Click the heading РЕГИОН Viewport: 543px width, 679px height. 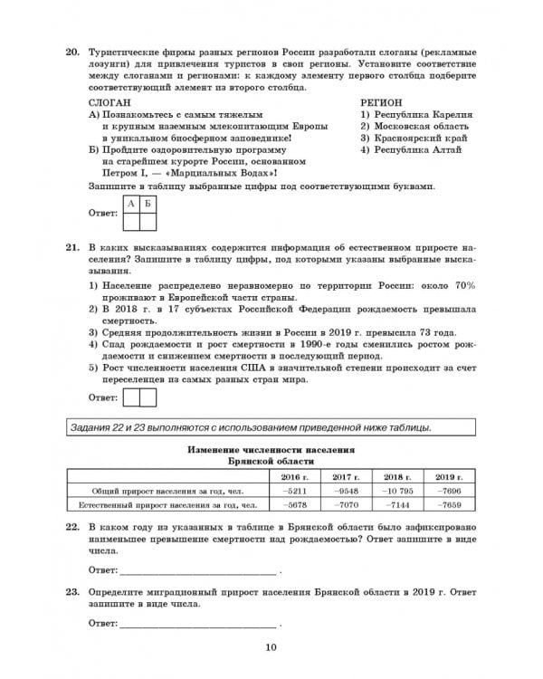381,103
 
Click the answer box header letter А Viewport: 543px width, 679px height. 131,205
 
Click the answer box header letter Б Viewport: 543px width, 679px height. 150,205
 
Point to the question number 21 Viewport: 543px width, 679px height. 71,246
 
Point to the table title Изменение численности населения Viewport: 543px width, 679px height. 271,450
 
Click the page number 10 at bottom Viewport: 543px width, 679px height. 271,646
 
